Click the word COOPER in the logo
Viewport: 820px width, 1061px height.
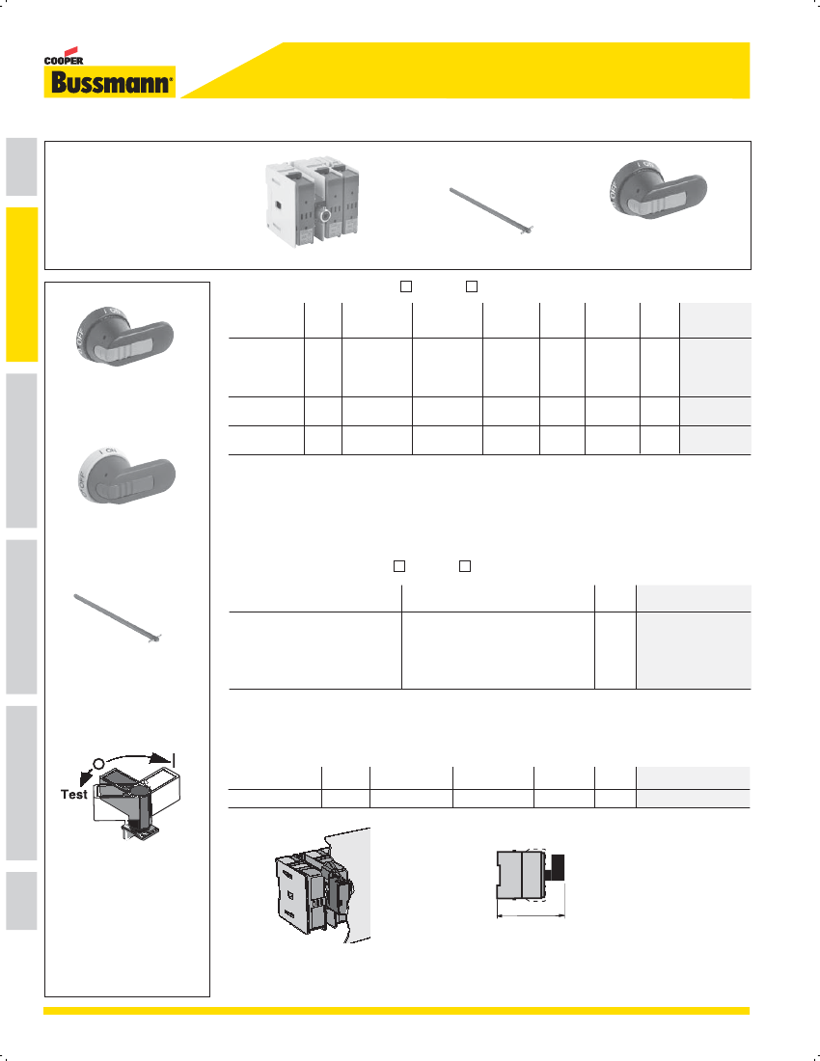[x=64, y=60]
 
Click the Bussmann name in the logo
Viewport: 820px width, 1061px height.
[x=110, y=83]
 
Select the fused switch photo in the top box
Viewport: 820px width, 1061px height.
[x=311, y=202]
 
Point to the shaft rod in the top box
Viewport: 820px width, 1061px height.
[x=492, y=212]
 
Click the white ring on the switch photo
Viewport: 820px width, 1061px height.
[x=325, y=216]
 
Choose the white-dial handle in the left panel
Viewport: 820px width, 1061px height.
[x=126, y=476]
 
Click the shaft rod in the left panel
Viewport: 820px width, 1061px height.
[x=117, y=617]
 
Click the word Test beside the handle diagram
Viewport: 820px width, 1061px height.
[x=73, y=795]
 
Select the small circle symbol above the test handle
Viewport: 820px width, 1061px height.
[x=98, y=764]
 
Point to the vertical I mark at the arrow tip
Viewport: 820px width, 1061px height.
[x=174, y=759]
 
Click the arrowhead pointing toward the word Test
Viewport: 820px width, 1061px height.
[x=85, y=776]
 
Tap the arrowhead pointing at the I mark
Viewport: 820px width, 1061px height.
[x=160, y=758]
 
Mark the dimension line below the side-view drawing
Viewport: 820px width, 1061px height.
[x=532, y=916]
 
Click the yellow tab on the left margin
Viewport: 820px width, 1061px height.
[x=21, y=285]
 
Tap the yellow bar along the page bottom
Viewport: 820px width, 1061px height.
[x=396, y=1010]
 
